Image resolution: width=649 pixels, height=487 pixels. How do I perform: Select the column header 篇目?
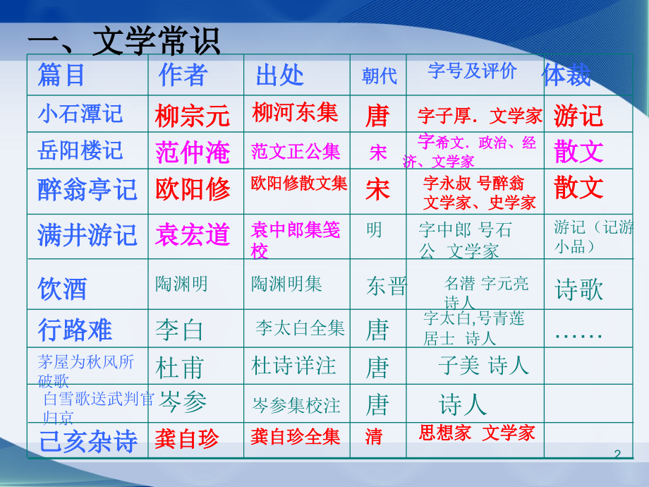click(61, 75)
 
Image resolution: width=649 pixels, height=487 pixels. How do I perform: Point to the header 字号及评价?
click(472, 71)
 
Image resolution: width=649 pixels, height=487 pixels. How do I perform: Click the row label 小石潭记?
click(80, 113)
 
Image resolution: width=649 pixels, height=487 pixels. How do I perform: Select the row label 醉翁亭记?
click(87, 190)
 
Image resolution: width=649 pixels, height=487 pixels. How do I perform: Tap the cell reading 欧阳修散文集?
click(299, 184)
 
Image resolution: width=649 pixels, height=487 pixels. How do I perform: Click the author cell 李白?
click(179, 330)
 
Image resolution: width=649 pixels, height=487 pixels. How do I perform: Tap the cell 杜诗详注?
click(293, 366)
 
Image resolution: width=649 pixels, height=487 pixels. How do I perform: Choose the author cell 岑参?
click(183, 402)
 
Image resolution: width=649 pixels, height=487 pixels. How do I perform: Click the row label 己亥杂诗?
click(87, 440)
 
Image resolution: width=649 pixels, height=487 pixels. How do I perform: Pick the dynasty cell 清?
click(374, 437)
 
